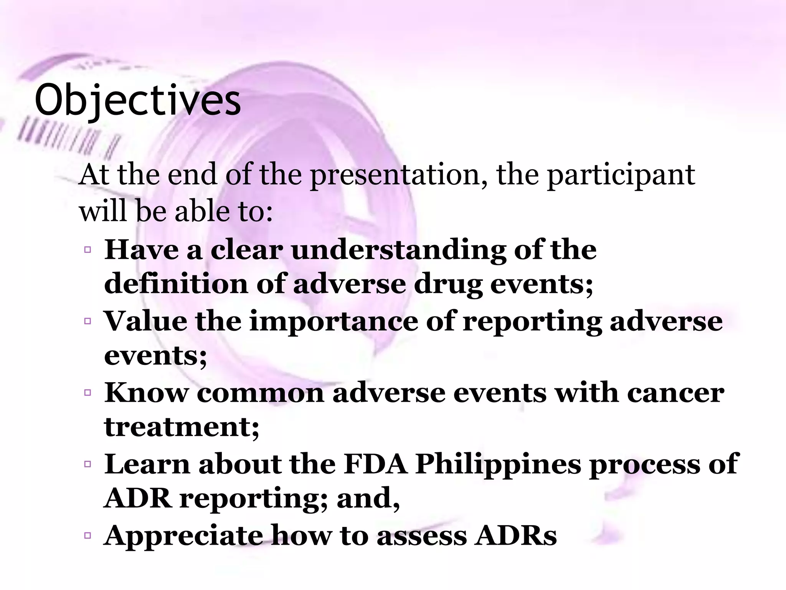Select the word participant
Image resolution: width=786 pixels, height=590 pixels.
pos(621,175)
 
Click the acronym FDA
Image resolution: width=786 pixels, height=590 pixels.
pos(375,464)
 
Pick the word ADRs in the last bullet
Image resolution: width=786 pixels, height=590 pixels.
pos(515,536)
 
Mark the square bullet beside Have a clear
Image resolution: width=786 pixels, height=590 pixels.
pos(88,250)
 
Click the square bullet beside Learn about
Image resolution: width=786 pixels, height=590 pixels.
pos(88,464)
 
